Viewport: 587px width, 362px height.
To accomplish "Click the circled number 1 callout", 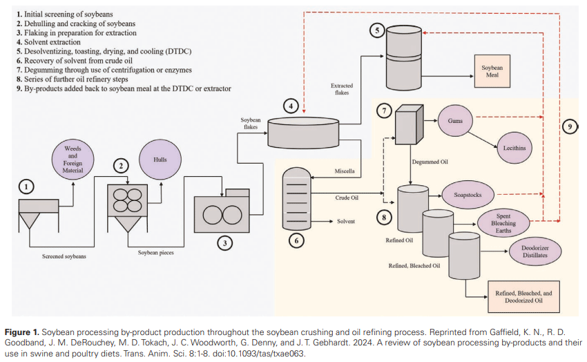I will click(x=27, y=187).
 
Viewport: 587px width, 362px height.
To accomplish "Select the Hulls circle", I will click(x=160, y=160).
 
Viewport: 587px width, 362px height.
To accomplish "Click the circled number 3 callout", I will click(x=223, y=242).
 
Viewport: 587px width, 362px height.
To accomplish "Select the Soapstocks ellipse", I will click(x=469, y=196).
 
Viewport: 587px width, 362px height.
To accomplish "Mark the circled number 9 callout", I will click(x=569, y=126).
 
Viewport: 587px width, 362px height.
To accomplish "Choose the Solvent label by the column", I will click(x=345, y=221).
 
